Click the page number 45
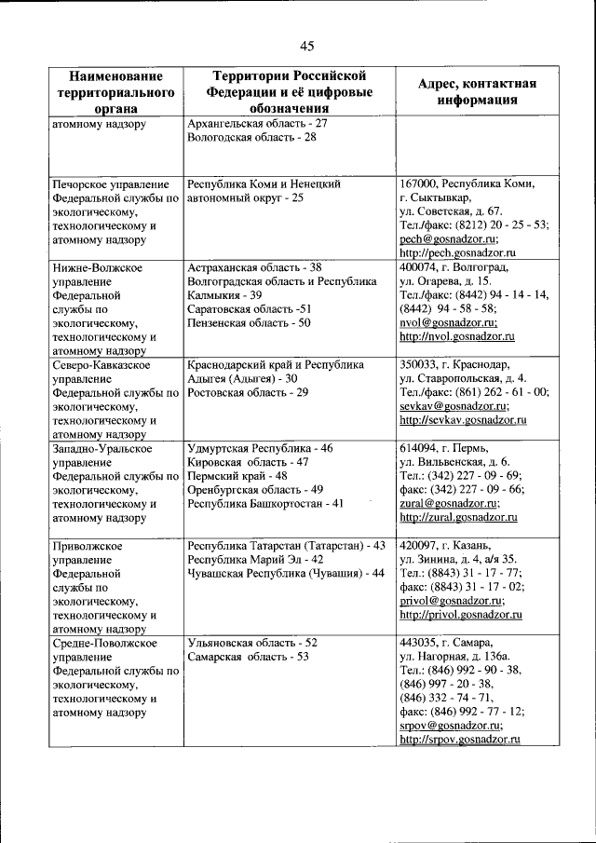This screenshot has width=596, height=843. coord(307,46)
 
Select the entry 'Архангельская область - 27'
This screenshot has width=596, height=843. coord(256,123)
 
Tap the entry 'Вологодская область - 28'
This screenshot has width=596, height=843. coord(251,137)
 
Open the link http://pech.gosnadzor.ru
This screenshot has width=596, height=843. coord(457,253)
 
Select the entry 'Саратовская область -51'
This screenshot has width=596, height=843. coord(249,309)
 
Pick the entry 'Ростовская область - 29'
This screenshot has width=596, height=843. coord(248,392)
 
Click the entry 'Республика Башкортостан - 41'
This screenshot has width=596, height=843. coord(265,504)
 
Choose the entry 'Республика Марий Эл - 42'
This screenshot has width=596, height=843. coord(255,559)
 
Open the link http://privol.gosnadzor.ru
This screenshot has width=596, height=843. coord(460,615)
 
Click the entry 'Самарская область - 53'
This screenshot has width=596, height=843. coord(248,657)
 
